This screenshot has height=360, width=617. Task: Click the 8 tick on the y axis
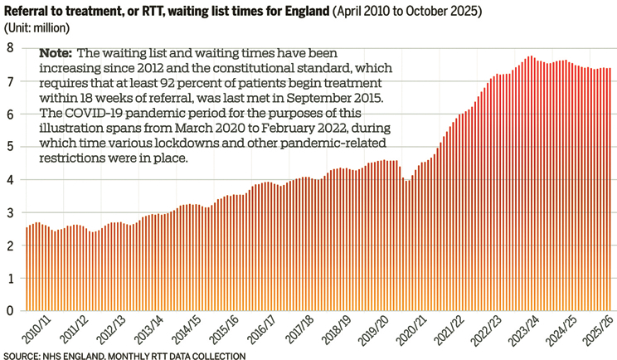pos(9,48)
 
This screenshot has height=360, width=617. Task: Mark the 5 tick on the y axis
pos(9,147)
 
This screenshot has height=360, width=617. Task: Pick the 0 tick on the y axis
pos(9,311)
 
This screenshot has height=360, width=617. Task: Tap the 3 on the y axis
pos(9,212)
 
